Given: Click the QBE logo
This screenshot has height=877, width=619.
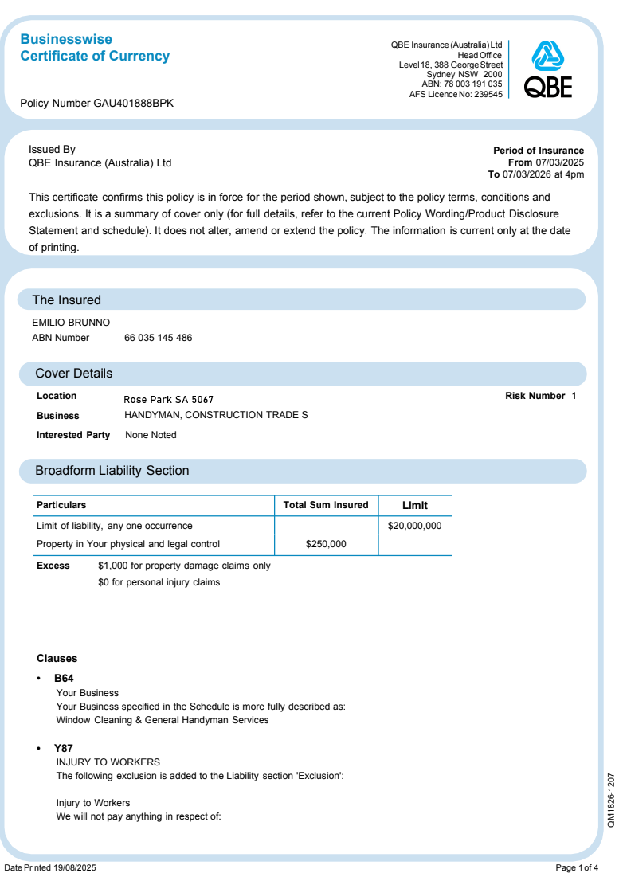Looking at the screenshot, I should pos(548,69).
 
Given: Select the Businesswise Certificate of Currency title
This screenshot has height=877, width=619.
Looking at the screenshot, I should pos(94,48).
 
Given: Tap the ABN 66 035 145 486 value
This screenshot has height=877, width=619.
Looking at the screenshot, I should pos(158,338).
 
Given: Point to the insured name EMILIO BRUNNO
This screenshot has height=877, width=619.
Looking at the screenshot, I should pos(71,323).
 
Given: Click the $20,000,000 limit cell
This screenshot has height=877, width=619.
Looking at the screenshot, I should pos(414,526).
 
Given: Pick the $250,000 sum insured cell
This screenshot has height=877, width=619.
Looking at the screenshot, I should pos(326,544).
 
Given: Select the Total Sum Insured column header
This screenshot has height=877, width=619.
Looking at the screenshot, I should pos(326,505).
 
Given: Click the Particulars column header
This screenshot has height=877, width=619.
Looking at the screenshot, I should pos(61,505).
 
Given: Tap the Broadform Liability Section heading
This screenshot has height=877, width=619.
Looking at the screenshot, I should pos(112,471).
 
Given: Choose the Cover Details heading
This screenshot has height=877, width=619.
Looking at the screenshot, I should pos(74,374).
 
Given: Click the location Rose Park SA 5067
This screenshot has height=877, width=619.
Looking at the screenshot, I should pos(169,399).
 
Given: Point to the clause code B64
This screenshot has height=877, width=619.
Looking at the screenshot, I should pos(64,679).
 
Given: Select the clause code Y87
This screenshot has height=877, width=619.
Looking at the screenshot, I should pos(64,749).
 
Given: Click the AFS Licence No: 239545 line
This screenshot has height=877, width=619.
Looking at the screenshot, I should pos(456,94).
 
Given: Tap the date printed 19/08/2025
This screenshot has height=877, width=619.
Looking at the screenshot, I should pos(69,867).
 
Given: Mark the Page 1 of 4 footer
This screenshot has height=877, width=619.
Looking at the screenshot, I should pos(577,867).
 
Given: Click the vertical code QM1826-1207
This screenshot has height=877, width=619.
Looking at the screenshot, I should pos(611,800).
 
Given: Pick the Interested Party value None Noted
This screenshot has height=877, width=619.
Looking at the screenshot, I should pos(151,435).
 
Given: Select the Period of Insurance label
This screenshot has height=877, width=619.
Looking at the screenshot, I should pos(539,151).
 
